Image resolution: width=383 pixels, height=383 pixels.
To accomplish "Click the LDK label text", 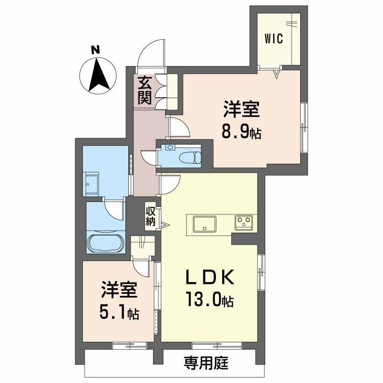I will (209, 278).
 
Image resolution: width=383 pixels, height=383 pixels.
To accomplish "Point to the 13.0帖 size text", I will (209, 300).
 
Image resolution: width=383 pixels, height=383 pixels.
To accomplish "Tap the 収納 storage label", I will (151, 216).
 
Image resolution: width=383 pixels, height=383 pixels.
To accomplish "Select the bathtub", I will (105, 243).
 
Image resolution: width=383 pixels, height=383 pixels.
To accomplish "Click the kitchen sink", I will (204, 223).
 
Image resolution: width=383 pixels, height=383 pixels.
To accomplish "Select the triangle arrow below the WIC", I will (277, 73).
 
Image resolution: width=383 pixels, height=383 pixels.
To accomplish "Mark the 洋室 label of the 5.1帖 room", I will (119, 290).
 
